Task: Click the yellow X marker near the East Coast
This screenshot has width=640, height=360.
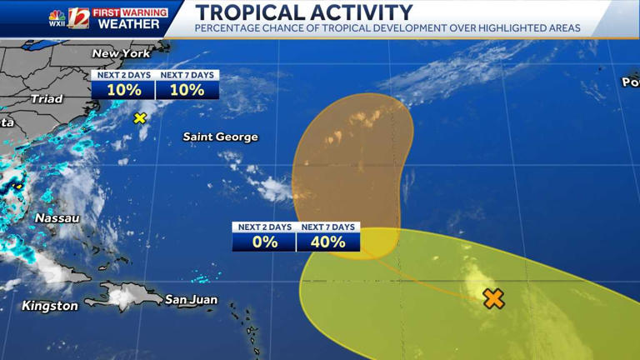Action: (140, 118)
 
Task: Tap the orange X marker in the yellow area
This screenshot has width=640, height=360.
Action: (493, 298)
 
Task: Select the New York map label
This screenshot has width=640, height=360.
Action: (122, 53)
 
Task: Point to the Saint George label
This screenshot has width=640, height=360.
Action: (220, 137)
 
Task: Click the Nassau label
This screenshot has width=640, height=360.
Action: (57, 218)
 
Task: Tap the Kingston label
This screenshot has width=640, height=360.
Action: (50, 306)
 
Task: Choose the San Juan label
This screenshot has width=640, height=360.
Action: (191, 300)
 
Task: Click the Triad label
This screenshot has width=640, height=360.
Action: (46, 98)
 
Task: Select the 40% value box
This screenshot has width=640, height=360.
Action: (328, 242)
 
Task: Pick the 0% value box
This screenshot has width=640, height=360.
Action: (264, 242)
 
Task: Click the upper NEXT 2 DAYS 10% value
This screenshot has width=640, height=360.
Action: (123, 90)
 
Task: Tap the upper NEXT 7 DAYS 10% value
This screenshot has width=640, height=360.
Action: (187, 90)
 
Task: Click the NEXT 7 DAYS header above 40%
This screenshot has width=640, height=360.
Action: (328, 227)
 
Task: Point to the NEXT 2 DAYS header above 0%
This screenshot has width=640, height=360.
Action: (264, 227)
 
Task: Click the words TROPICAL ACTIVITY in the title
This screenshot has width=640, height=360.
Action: (303, 12)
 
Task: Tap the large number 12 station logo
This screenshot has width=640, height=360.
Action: (79, 17)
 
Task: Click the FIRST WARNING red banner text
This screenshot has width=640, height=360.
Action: (129, 12)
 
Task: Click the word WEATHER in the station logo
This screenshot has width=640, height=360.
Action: (128, 24)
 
